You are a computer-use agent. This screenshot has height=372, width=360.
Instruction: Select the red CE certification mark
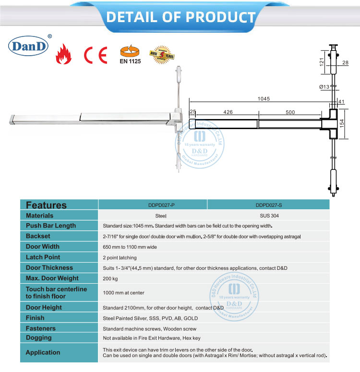tap(96, 55)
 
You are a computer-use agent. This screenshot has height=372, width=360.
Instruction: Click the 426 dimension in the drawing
tap(228, 112)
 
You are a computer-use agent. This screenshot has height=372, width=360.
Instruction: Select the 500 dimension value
tap(290, 112)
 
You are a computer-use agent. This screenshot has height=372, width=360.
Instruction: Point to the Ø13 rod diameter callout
tap(324, 86)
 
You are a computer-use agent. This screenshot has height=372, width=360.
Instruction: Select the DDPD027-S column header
tap(268, 204)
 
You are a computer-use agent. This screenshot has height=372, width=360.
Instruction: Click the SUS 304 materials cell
tap(268, 216)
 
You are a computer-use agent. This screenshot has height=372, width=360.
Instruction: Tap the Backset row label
tap(38, 236)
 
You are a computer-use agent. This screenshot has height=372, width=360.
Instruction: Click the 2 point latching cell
tap(120, 257)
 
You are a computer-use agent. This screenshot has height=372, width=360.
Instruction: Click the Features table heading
tap(46, 205)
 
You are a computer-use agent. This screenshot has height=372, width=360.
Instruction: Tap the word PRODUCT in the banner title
tap(220, 17)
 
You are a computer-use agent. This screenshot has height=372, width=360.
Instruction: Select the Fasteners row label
tap(41, 328)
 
